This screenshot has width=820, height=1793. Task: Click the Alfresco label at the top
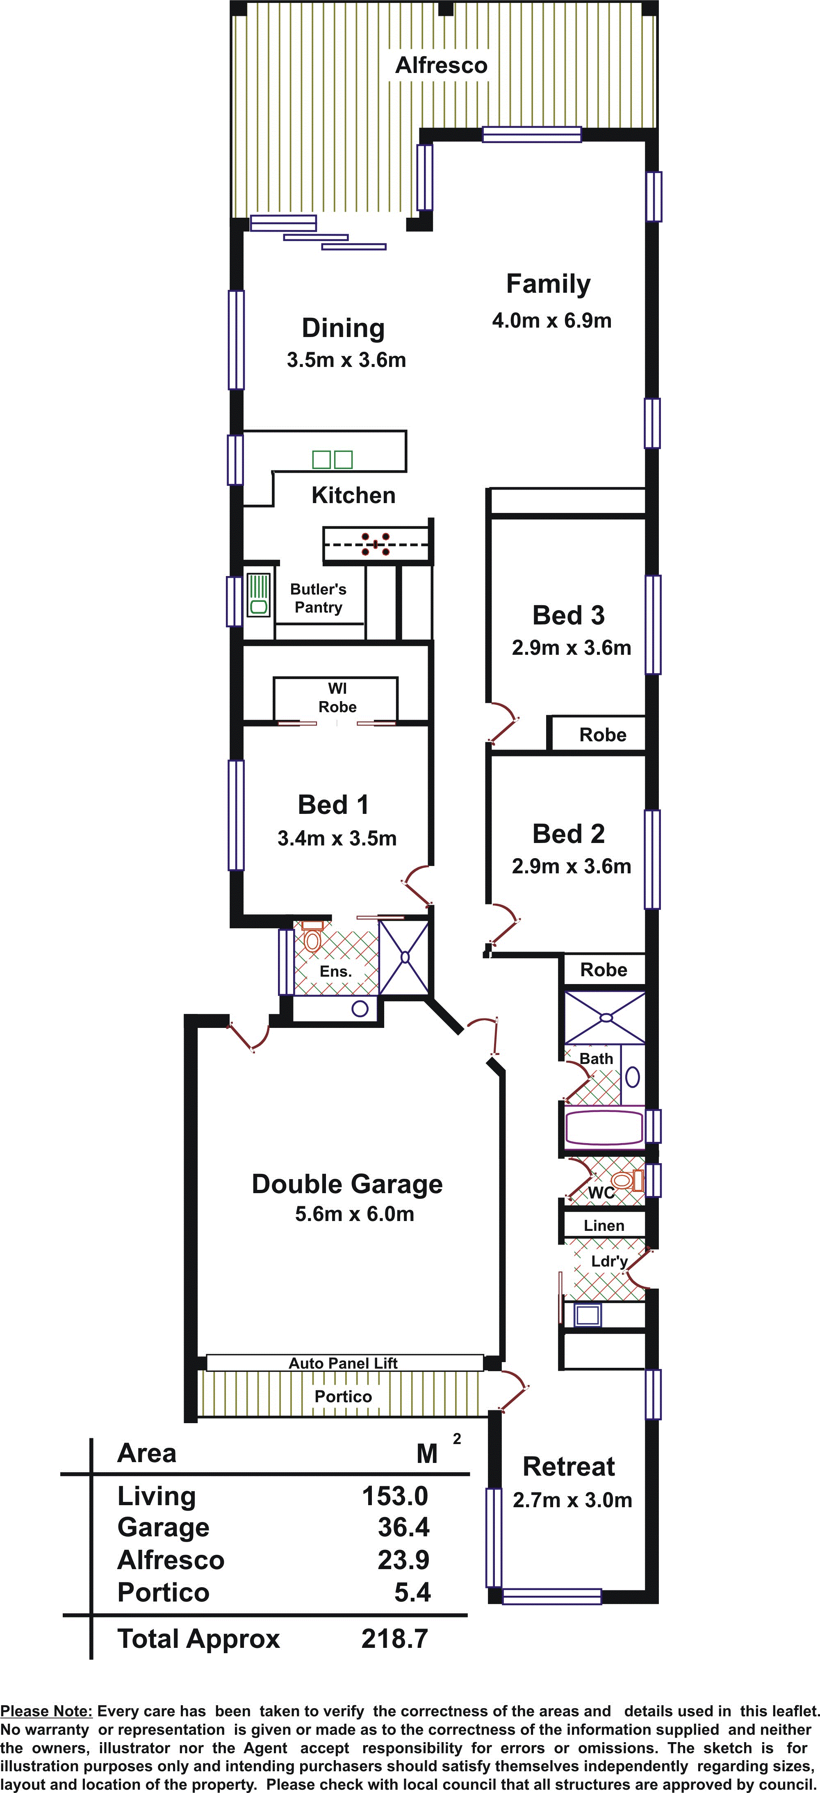441,66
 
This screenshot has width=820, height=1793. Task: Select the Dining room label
343,328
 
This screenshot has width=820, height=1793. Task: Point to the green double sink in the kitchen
332,459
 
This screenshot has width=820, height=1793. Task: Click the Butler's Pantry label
318,598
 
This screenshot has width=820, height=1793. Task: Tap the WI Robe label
337,697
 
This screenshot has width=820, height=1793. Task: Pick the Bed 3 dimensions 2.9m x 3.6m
572,648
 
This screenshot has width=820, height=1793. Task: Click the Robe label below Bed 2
604,970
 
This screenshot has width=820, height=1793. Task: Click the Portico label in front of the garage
343,1396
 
